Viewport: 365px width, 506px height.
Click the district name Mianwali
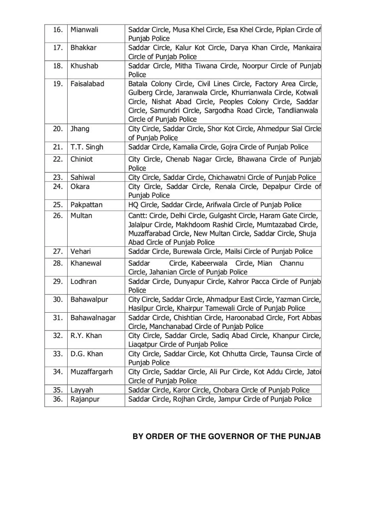point(85,30)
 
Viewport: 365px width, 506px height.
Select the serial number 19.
point(58,84)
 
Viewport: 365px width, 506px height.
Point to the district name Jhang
point(80,129)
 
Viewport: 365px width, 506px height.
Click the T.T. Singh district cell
point(87,147)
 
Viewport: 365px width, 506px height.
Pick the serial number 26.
point(58,216)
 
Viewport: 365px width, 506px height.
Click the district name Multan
point(81,216)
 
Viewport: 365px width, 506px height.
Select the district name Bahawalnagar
point(93,318)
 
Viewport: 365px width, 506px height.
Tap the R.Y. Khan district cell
point(86,336)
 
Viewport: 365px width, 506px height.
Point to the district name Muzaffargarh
point(92,372)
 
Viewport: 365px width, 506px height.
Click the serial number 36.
point(58,399)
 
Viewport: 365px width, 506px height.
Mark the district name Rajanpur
point(85,399)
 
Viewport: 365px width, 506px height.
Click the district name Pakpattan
point(87,205)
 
